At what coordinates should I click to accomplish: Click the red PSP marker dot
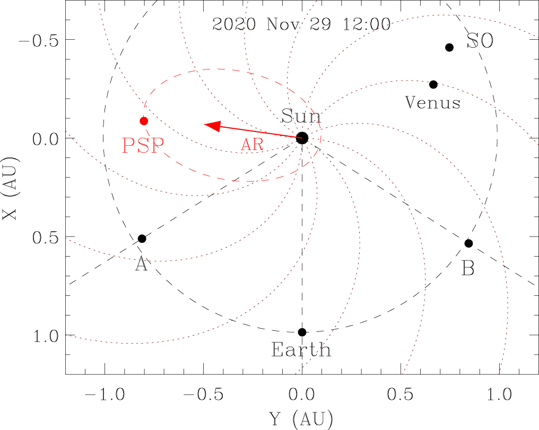click(144, 121)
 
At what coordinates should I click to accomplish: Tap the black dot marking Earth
click(302, 332)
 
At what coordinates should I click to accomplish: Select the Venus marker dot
click(433, 84)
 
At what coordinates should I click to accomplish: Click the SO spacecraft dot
click(449, 47)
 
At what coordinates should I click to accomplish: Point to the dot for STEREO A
click(142, 239)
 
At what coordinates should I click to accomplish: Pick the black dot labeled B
click(468, 243)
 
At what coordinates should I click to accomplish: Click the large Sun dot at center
click(302, 138)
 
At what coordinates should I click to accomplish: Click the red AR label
click(252, 145)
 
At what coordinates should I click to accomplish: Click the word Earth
click(301, 350)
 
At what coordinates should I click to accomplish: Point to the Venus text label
click(433, 102)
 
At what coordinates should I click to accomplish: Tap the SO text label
click(480, 42)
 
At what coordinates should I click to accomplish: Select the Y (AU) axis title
click(301, 419)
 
